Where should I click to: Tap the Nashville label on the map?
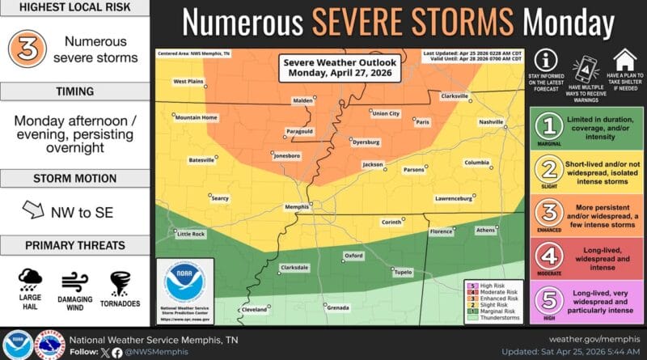pos(491,121)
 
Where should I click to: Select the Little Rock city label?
pos(191,234)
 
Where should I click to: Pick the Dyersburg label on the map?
pos(366,142)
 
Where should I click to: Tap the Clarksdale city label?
pos(294,267)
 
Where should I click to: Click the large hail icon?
pos(31,283)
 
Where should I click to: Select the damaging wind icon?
pos(74,283)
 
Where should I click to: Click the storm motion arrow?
pos(33,211)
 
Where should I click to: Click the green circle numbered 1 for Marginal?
pos(550,126)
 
